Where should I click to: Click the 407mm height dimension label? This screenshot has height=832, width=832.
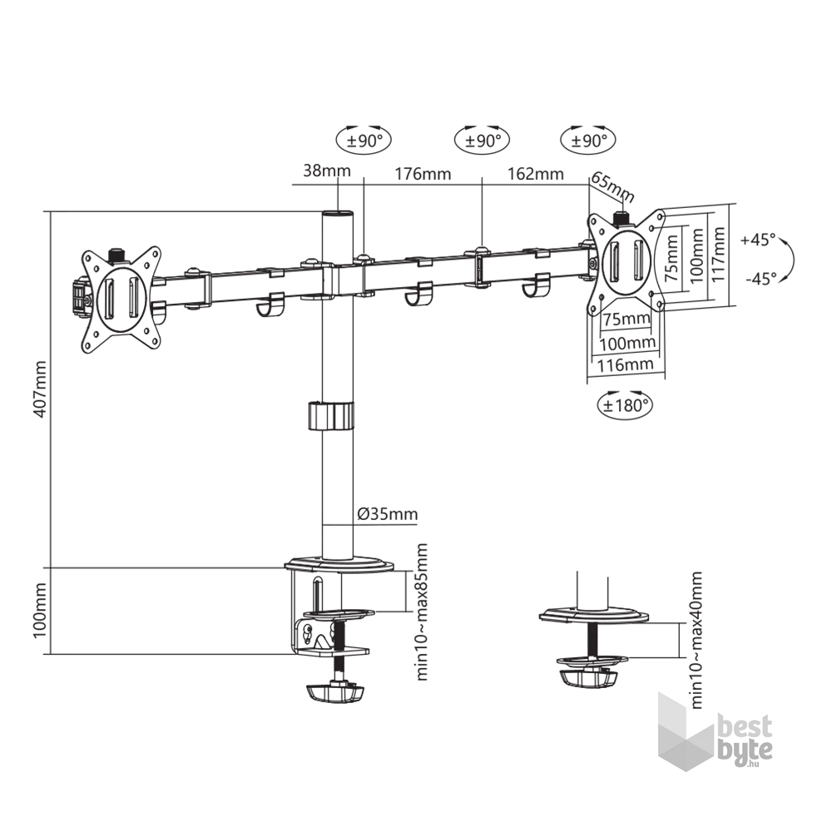click(40, 389)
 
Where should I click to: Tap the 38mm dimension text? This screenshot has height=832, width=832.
click(327, 171)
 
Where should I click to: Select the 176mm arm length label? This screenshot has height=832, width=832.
click(423, 174)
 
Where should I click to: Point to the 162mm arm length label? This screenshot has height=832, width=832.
click(535, 174)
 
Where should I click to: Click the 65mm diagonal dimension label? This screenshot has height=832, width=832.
click(613, 186)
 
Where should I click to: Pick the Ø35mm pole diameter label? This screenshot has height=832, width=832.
click(388, 513)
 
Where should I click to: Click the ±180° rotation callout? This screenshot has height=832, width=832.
click(625, 404)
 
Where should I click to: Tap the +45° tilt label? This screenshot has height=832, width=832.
click(758, 240)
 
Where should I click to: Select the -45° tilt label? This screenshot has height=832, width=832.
click(761, 278)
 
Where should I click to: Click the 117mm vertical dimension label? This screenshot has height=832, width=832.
click(719, 254)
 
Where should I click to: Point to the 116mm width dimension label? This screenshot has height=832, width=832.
click(625, 364)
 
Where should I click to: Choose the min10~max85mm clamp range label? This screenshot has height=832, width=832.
click(421, 612)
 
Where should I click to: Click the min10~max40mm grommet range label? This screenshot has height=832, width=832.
click(696, 640)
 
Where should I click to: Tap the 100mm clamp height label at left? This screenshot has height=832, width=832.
click(40, 611)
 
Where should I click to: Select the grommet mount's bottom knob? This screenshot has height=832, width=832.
click(589, 678)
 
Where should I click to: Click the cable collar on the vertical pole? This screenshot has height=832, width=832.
click(330, 416)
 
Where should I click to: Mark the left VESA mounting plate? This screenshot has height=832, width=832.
click(121, 300)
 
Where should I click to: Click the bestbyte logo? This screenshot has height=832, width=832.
click(715, 731)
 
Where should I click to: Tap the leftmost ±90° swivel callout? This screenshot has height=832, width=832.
click(364, 141)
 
